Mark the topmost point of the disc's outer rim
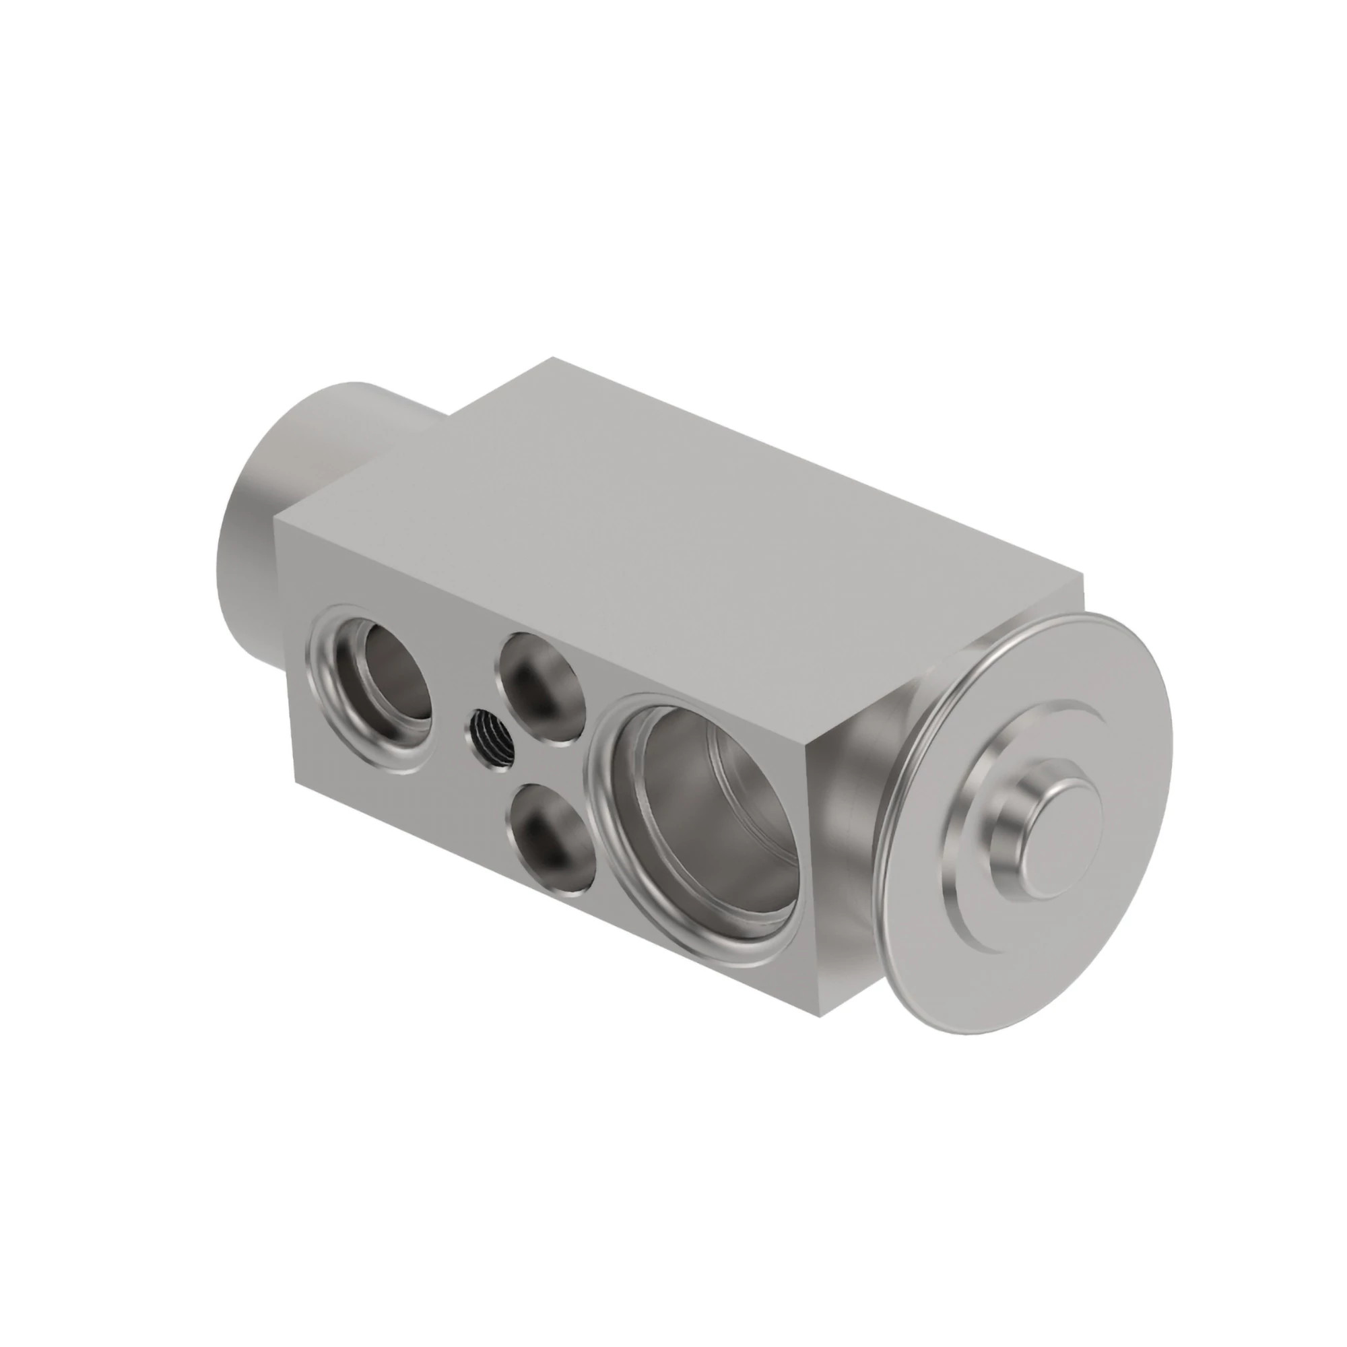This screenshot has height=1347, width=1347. tap(1088, 614)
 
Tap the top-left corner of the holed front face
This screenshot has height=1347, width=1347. tap(275, 517)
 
